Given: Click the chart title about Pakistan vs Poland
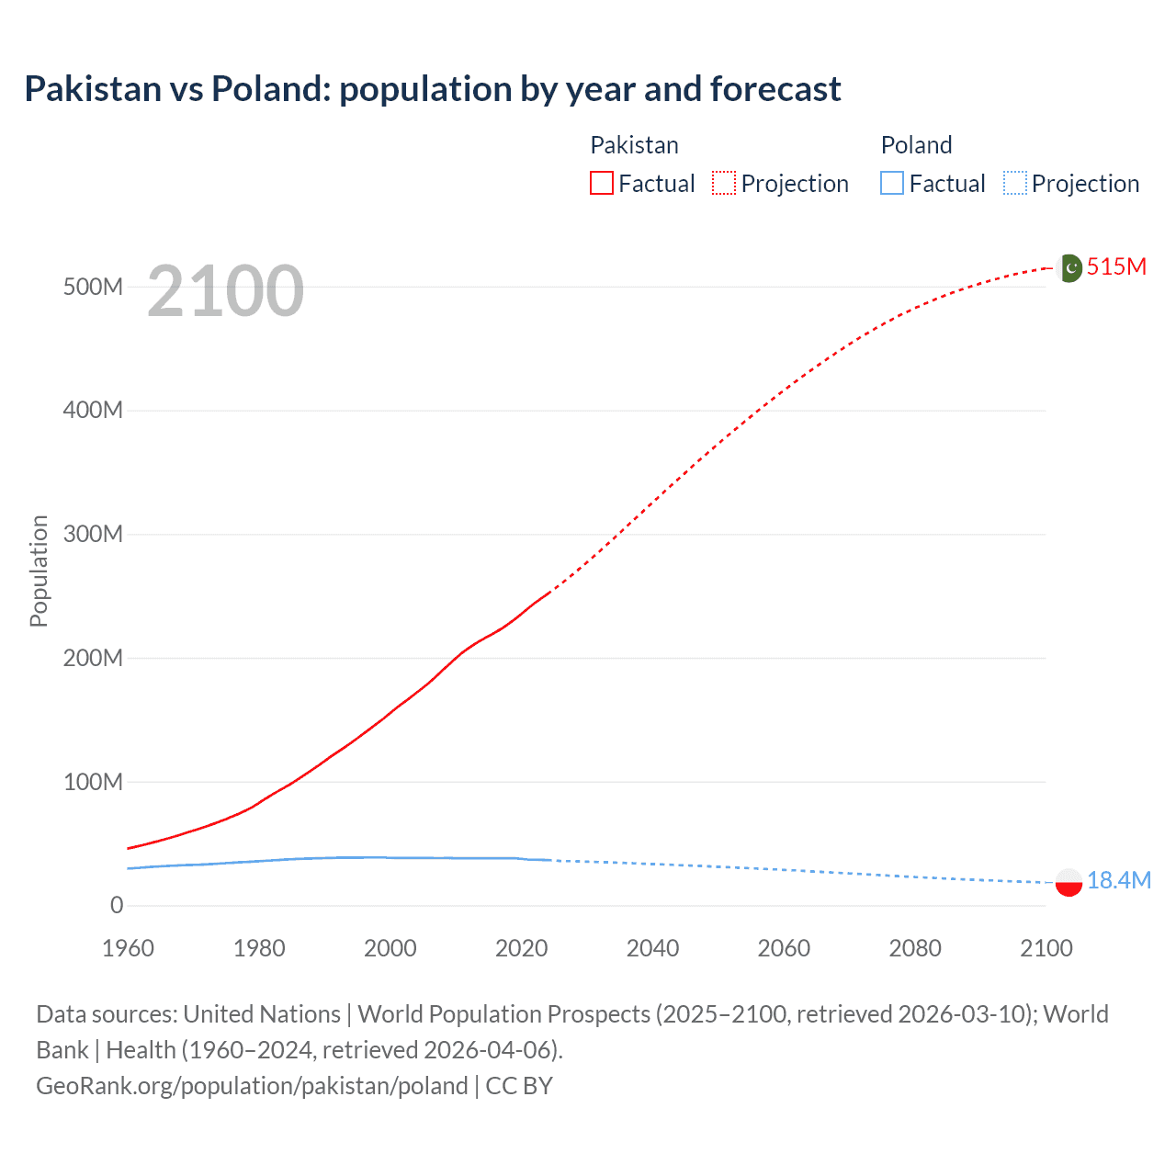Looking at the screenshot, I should (432, 89).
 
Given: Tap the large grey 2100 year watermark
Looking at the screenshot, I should (225, 291).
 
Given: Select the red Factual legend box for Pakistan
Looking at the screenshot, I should (601, 183).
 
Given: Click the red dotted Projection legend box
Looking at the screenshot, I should (724, 183).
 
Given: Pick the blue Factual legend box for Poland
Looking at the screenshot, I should (891, 183).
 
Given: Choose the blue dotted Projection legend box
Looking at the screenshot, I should (1014, 183).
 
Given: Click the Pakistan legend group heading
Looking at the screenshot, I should (634, 145).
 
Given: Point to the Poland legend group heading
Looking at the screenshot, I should (916, 145).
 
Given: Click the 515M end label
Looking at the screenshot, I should (1116, 266).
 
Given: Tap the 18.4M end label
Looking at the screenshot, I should (1118, 880).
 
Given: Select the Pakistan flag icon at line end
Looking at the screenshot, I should (1069, 267).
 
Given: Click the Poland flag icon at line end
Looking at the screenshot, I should (1069, 882).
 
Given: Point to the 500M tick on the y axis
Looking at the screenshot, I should (93, 287).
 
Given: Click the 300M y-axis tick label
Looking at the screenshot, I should (93, 534).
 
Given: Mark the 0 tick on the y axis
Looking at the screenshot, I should (116, 905).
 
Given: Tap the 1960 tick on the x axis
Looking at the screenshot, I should (128, 948).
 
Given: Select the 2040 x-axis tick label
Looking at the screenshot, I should (652, 948).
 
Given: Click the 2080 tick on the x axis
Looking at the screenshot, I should (914, 948).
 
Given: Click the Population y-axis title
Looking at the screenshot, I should (39, 571).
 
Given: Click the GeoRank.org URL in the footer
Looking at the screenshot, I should (252, 1086).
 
